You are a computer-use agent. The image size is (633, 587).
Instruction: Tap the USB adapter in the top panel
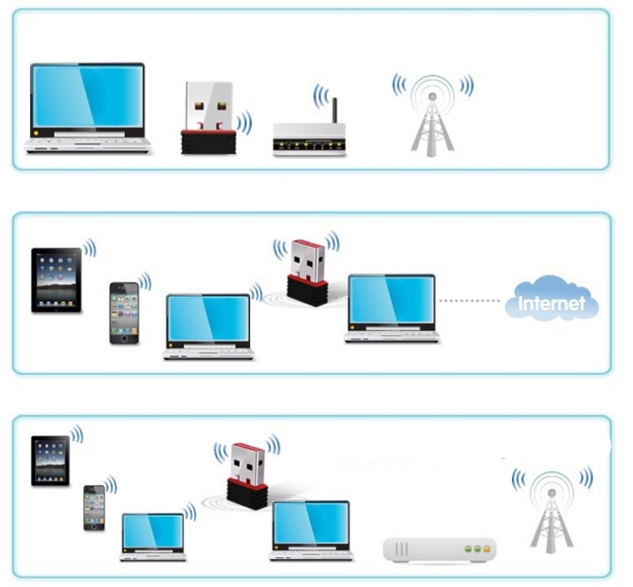(x=208, y=119)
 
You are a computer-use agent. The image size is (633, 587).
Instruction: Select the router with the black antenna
(x=308, y=138)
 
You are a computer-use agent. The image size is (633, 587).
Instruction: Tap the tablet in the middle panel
(x=56, y=280)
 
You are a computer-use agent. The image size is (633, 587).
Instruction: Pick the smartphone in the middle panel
(x=122, y=313)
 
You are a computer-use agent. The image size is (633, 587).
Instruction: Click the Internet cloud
(x=552, y=302)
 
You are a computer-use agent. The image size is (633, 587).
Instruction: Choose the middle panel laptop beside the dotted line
(x=391, y=309)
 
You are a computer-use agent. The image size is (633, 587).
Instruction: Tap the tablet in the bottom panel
(x=50, y=461)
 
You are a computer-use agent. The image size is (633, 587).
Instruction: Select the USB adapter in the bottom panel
(x=247, y=476)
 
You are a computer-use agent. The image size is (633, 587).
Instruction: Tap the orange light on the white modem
(x=487, y=548)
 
